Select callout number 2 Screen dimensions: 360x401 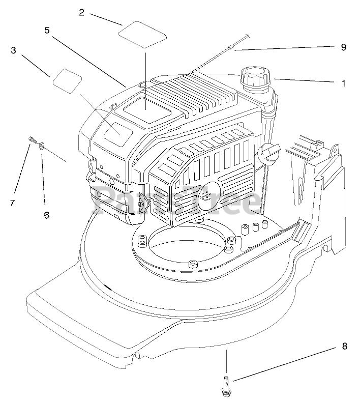pyautogui.click(x=81, y=12)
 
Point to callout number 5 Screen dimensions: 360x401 pyautogui.click(x=47, y=30)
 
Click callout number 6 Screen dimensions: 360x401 pyautogui.click(x=46, y=215)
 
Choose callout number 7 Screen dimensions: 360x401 pyautogui.click(x=12, y=203)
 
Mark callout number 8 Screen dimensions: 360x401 pyautogui.click(x=344, y=347)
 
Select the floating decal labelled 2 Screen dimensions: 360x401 pyautogui.click(x=143, y=36)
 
